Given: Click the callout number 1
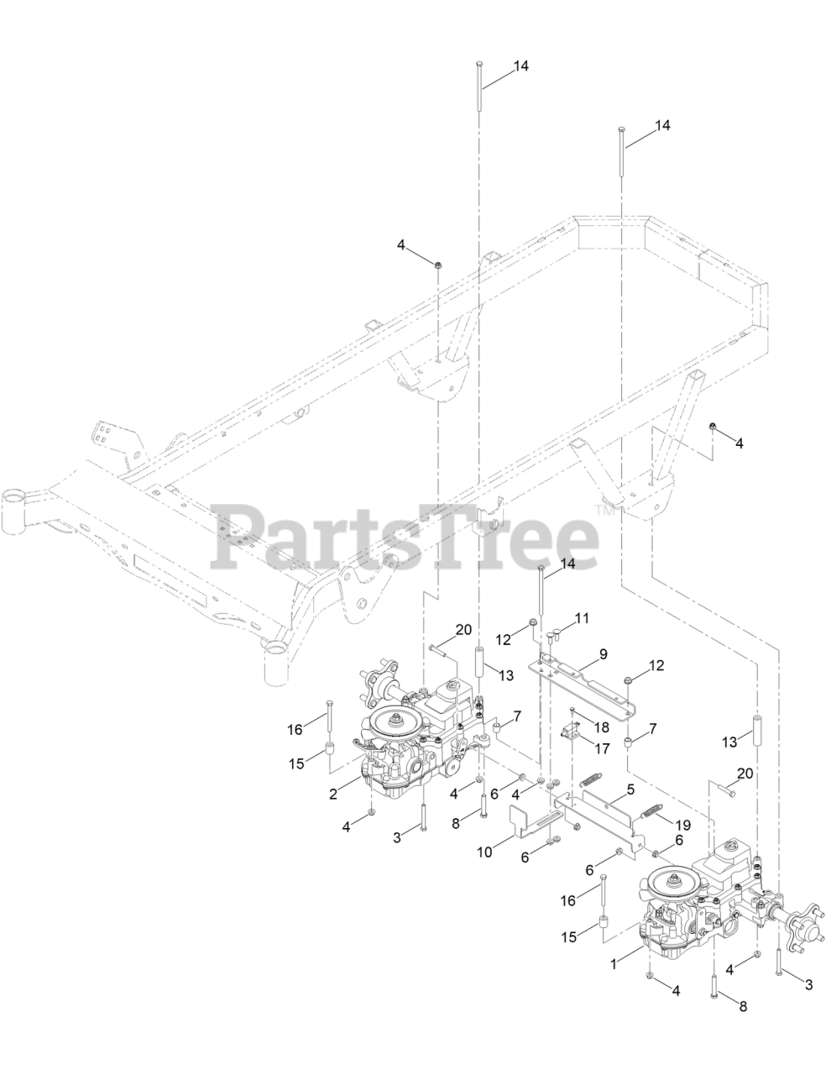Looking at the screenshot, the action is click(614, 965).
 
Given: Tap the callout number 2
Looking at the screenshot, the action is click(333, 793).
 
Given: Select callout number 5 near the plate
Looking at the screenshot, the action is click(629, 790).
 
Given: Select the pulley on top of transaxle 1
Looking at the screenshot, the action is click(673, 879).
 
